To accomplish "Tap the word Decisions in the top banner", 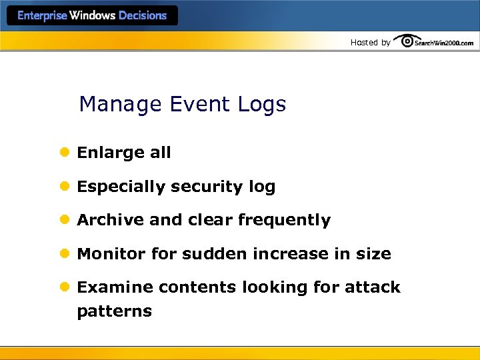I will click(143, 16).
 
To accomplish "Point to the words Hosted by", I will click(371, 43).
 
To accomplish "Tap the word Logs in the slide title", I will click(260, 105).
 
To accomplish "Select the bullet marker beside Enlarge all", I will click(65, 153).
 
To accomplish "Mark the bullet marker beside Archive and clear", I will click(65, 220).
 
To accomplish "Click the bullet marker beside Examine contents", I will click(65, 287).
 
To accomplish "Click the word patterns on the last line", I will click(114, 311).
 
